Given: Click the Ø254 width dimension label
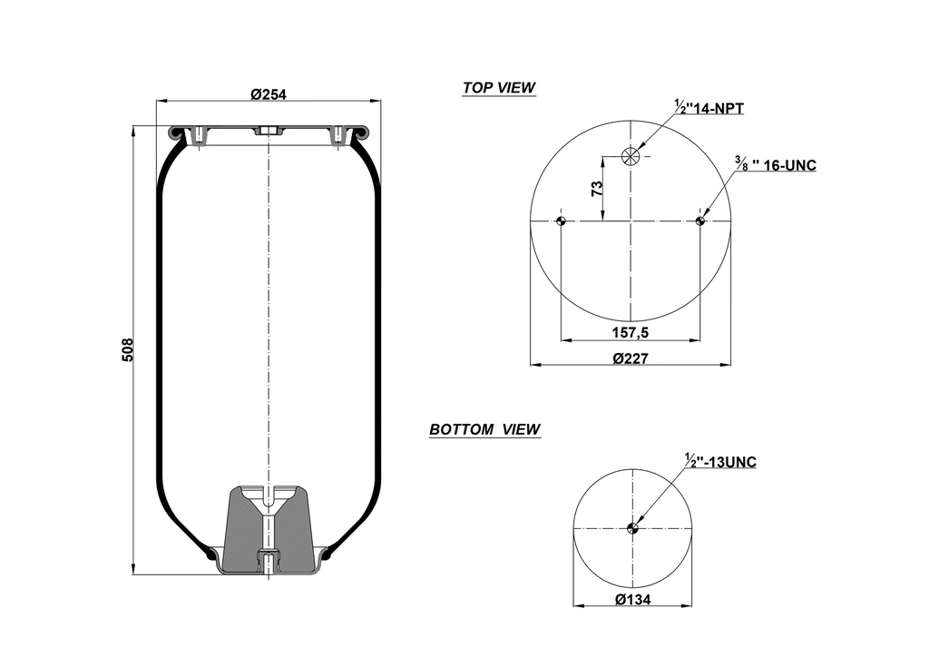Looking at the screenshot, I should pyautogui.click(x=269, y=94).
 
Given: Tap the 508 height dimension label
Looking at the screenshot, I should pyautogui.click(x=128, y=349).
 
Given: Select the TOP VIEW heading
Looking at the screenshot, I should pyautogui.click(x=498, y=88).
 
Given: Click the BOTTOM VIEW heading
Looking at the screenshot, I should pyautogui.click(x=484, y=429).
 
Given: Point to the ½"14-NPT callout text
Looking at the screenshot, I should pyautogui.click(x=709, y=108).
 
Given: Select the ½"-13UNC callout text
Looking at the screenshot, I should pyautogui.click(x=720, y=462).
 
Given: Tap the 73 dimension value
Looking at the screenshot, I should pyautogui.click(x=597, y=189).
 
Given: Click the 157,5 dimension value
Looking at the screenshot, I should pyautogui.click(x=631, y=332).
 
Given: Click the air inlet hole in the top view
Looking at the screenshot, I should pyautogui.click(x=631, y=156).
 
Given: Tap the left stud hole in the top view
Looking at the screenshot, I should pyautogui.click(x=561, y=221).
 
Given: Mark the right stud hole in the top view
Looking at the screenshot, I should pyautogui.click(x=700, y=221).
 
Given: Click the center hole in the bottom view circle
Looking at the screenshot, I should pyautogui.click(x=631, y=529).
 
